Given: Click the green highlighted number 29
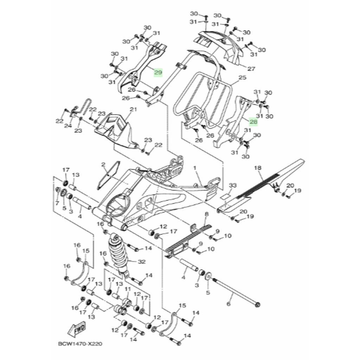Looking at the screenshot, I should click(158, 72).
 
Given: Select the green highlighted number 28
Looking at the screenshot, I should click(253, 122).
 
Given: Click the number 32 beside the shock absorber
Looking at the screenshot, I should click(142, 262).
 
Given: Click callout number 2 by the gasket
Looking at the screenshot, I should click(103, 165).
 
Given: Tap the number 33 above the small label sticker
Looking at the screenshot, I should click(232, 185).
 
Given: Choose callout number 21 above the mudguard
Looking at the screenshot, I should click(133, 110).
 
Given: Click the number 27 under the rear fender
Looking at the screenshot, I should click(251, 69).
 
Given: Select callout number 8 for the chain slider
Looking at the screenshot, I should click(206, 214).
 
